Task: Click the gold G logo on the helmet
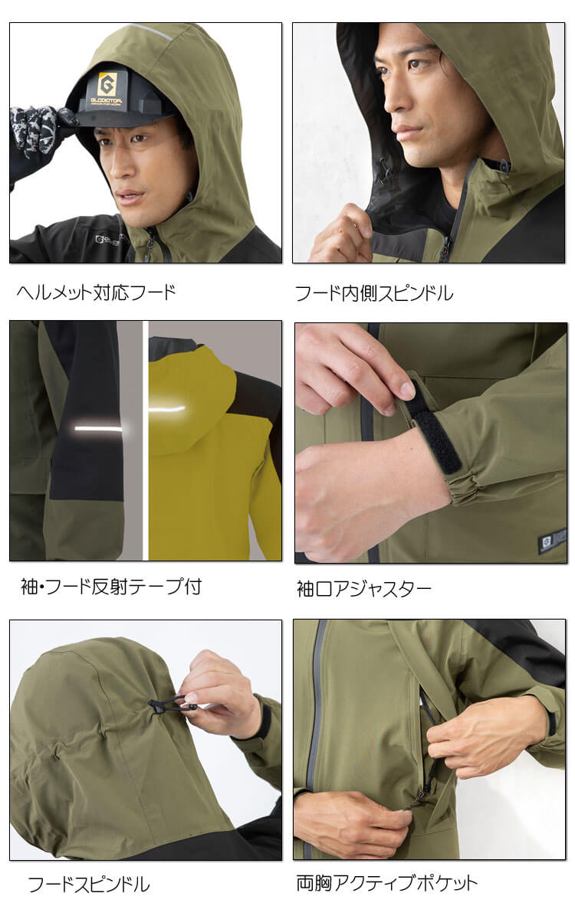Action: (x=107, y=84)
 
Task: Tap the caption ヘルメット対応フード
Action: (x=96, y=293)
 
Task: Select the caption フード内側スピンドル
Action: (x=374, y=293)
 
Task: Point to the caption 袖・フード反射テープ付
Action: (x=111, y=587)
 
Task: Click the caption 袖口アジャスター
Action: (x=364, y=589)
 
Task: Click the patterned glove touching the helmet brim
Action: (x=39, y=129)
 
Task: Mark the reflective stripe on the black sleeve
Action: (x=99, y=429)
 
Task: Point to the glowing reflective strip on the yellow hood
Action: (x=167, y=409)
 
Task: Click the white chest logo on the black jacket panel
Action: (x=107, y=240)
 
